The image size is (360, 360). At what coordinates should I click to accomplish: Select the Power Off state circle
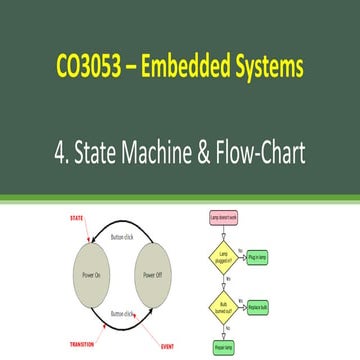(152, 274)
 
